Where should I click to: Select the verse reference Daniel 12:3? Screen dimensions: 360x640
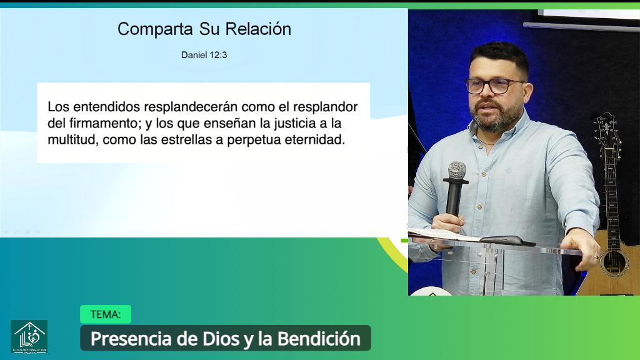point(204,55)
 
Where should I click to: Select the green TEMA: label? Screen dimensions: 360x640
point(106,314)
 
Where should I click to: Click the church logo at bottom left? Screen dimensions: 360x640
point(29,336)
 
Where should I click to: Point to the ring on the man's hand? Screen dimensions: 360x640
point(597,256)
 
